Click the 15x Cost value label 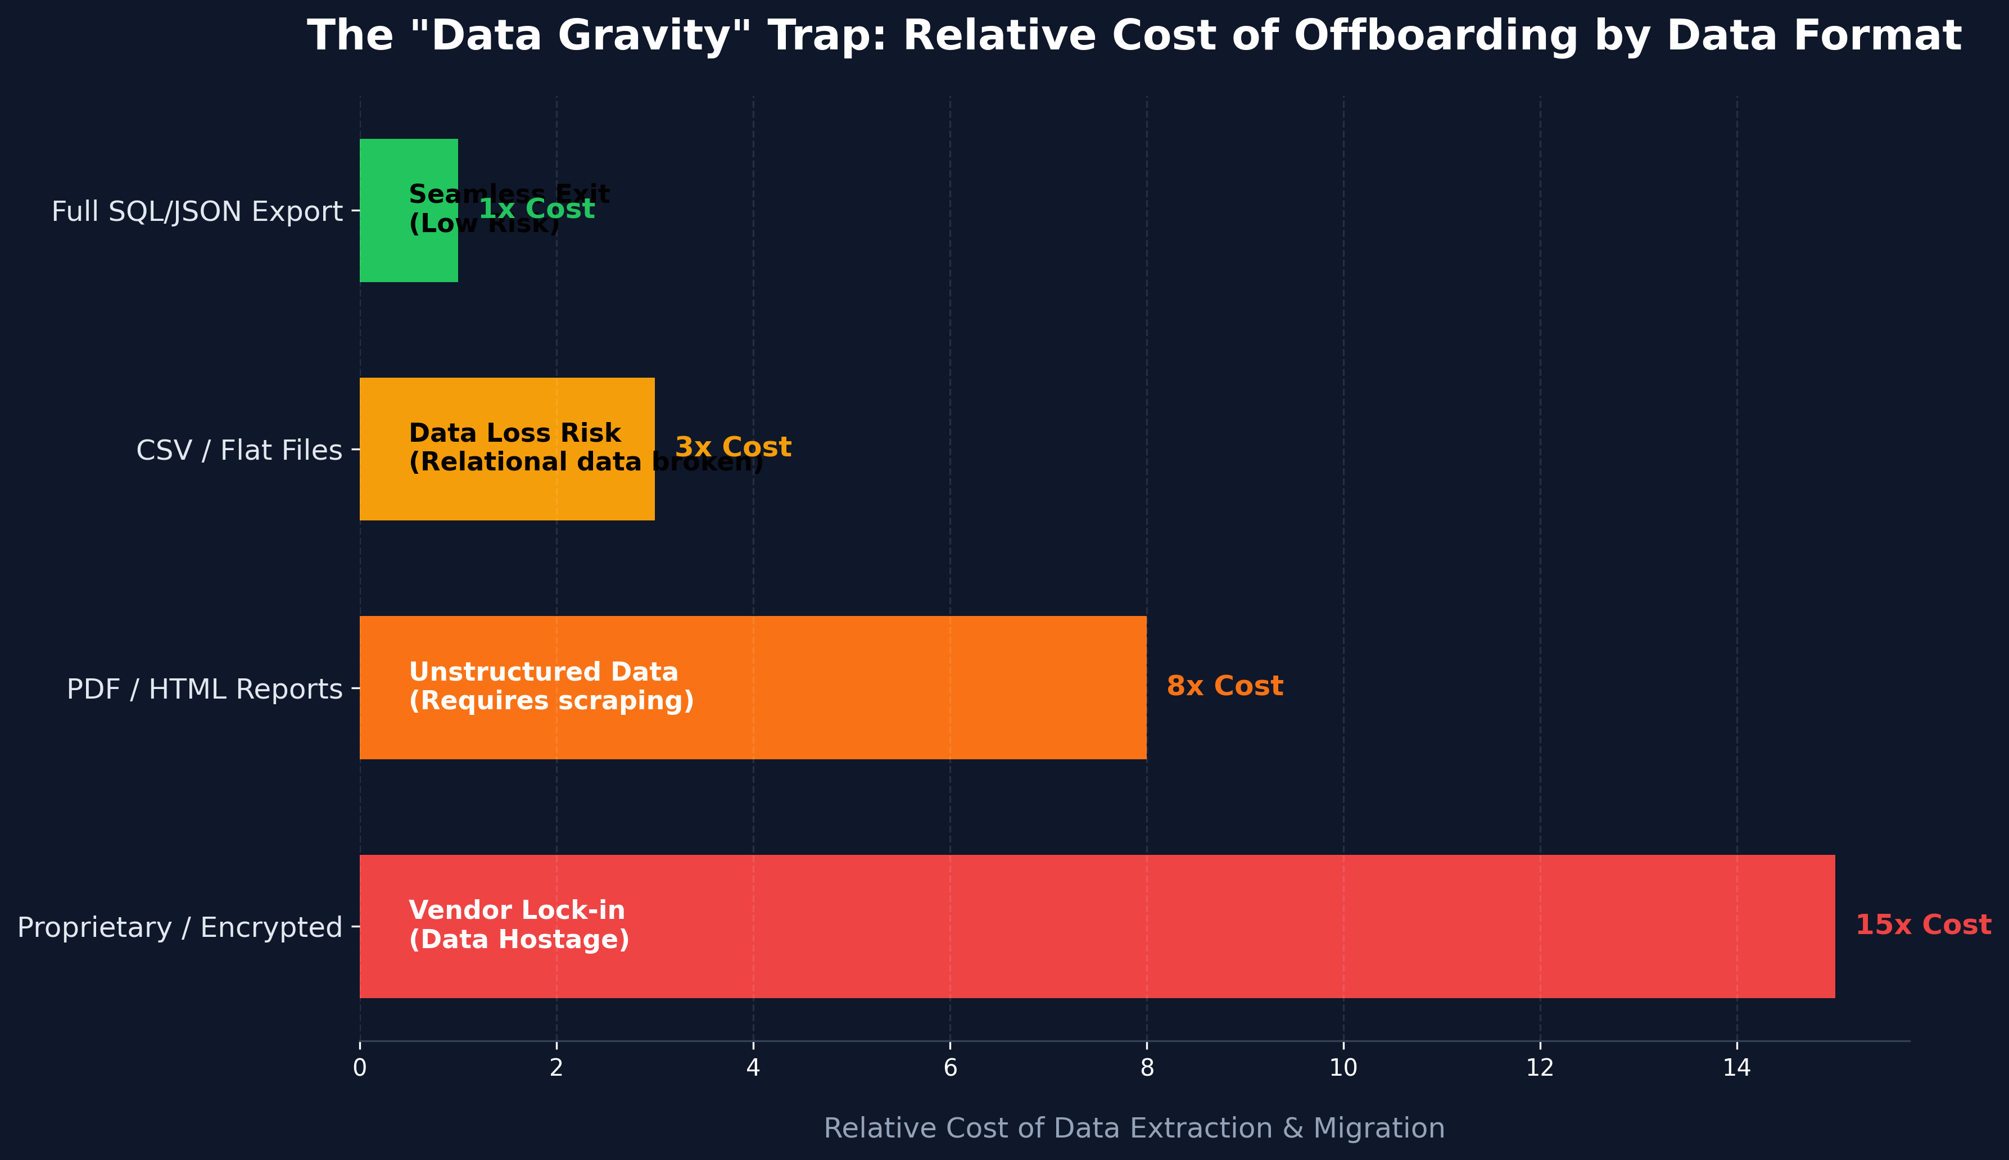[x=1923, y=925]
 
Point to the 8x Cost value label [x=1224, y=686]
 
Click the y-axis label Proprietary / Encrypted [x=180, y=927]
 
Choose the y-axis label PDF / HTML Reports [x=205, y=689]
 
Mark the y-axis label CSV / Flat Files [x=239, y=451]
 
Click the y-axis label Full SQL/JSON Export [x=197, y=212]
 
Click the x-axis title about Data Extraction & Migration [x=1134, y=1128]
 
